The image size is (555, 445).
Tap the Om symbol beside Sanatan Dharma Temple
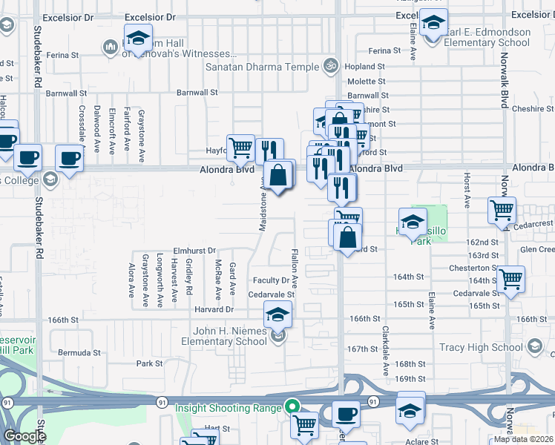point(332,66)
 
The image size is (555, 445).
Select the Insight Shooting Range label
point(228,407)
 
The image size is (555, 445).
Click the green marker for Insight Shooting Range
point(292,407)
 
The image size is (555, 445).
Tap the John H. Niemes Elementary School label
point(225,336)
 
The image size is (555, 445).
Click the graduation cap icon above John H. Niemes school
point(277,315)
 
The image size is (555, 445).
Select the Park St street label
point(149,363)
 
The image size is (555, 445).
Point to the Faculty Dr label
point(271,280)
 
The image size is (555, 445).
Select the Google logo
point(24,436)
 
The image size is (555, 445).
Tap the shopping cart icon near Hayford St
point(240,148)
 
